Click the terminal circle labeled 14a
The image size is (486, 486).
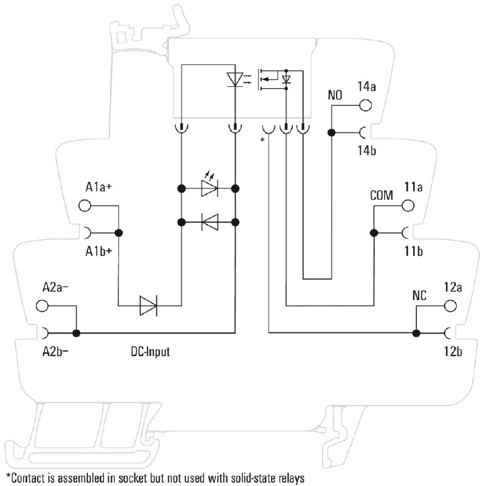click(x=366, y=105)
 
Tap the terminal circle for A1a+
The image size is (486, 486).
click(x=84, y=205)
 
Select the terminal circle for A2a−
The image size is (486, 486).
click(x=42, y=306)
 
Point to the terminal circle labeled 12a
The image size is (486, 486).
click(x=450, y=306)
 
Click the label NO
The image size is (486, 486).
click(x=335, y=95)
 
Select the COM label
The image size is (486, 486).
click(x=382, y=196)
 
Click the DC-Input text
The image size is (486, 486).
click(x=150, y=352)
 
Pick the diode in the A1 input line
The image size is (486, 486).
click(x=148, y=306)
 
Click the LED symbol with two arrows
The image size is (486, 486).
click(x=209, y=188)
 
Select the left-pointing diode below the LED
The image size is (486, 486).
click(x=210, y=222)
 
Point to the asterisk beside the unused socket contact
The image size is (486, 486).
click(x=262, y=140)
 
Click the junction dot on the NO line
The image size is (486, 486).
click(x=331, y=132)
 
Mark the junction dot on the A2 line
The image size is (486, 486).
click(x=76, y=333)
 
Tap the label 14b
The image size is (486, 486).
click(x=366, y=150)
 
